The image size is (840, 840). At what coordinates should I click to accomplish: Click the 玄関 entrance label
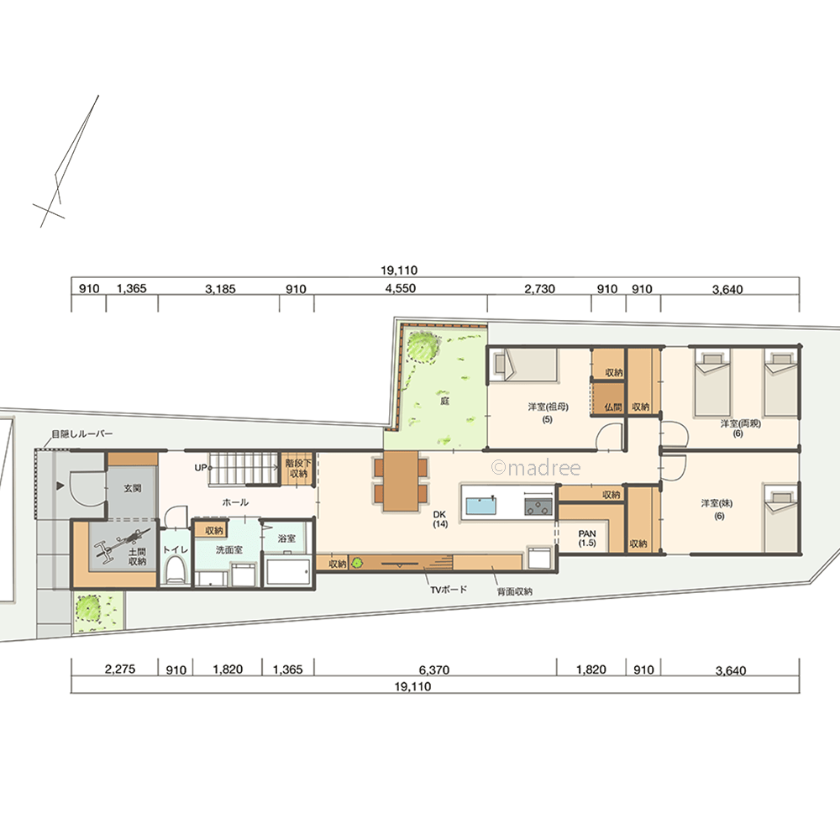[133, 488]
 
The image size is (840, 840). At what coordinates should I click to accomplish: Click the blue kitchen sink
[480, 505]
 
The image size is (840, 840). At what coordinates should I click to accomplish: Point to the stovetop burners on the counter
[538, 507]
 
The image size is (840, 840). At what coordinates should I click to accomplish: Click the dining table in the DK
[400, 480]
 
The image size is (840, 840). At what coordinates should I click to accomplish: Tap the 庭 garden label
[444, 400]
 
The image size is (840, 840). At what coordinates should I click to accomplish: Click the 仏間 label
[613, 407]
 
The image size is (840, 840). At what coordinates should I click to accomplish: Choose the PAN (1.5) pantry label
[587, 538]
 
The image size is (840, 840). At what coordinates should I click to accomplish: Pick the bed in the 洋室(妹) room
[781, 519]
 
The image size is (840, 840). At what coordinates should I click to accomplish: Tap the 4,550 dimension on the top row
[400, 288]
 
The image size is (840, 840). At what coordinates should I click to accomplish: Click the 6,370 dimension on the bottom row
[434, 669]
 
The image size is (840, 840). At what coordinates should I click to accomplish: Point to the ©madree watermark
[536, 468]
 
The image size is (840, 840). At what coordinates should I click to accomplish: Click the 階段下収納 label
[298, 468]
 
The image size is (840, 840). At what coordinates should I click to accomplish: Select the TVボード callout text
[449, 590]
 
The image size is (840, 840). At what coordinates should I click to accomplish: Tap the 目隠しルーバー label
[82, 433]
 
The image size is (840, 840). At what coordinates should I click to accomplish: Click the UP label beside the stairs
[201, 468]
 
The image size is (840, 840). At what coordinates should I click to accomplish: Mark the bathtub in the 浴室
[287, 572]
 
